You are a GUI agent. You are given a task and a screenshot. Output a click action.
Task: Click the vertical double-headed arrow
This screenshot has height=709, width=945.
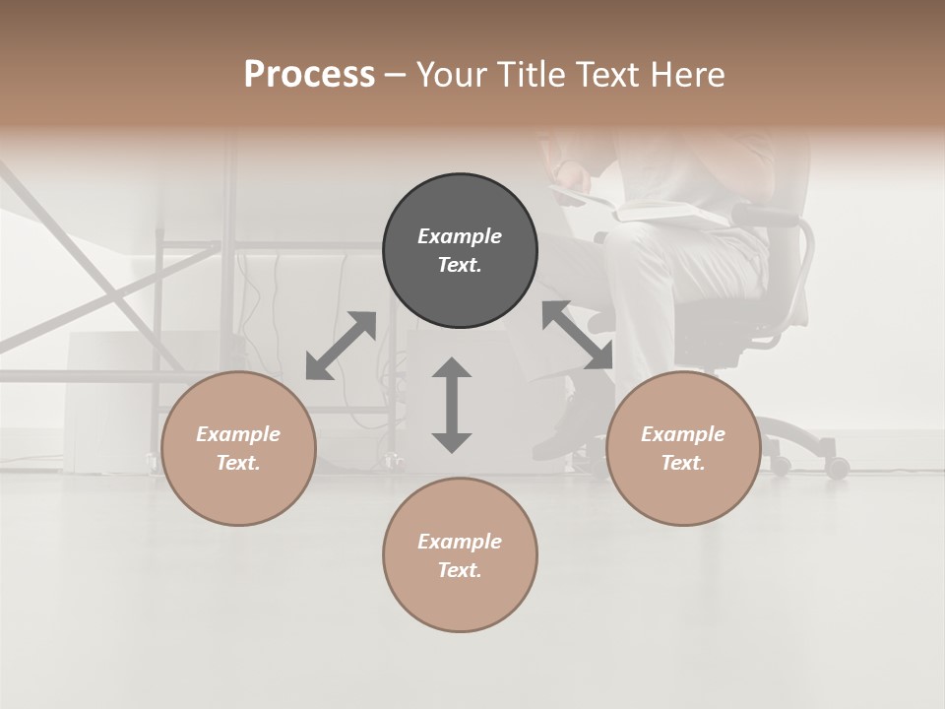click(452, 405)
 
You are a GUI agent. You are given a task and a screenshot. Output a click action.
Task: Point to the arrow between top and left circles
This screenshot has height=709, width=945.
click(341, 346)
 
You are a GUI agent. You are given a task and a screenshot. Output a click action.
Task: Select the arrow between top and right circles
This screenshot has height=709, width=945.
click(578, 336)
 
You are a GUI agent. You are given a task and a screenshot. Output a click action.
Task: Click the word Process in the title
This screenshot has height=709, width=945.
click(309, 74)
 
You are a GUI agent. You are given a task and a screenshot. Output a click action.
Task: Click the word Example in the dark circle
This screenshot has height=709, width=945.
click(460, 236)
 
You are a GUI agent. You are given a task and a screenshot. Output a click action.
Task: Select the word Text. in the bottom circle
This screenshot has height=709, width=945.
click(460, 570)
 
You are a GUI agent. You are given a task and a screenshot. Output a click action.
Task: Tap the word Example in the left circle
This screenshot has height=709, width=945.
click(238, 434)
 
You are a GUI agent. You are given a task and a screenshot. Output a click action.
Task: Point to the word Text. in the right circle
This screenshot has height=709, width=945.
click(683, 463)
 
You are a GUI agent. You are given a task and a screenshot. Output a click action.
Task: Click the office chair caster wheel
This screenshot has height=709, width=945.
click(837, 468)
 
